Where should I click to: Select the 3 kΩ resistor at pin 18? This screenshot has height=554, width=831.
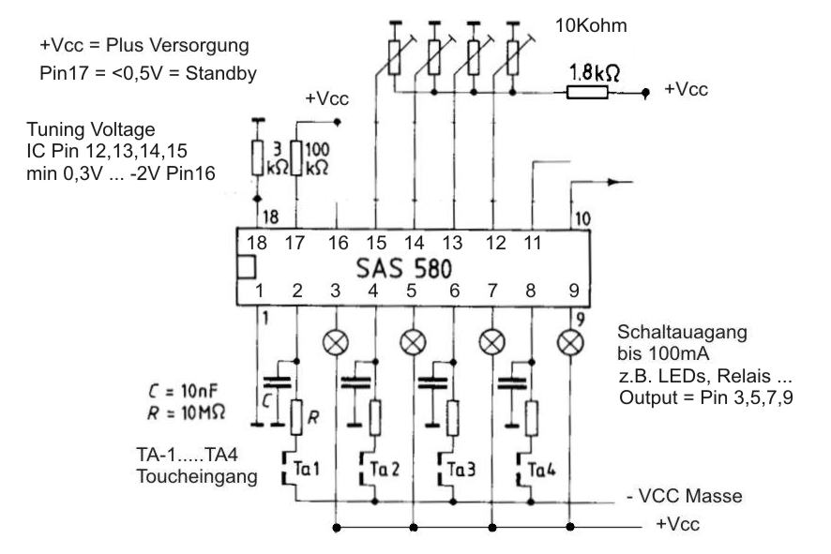tap(257, 157)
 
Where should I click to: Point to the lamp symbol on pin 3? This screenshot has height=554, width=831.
tap(335, 341)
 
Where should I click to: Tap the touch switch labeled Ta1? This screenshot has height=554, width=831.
tap(295, 466)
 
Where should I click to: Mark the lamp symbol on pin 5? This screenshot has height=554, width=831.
tap(412, 341)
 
